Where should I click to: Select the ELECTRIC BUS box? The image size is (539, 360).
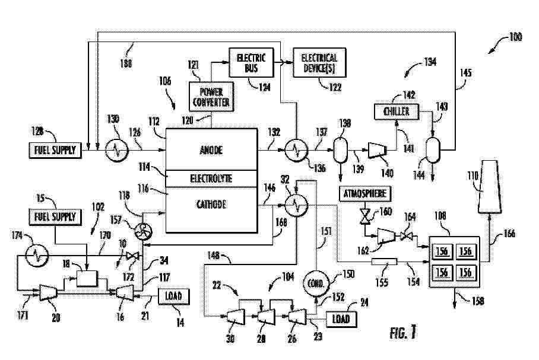click(251, 62)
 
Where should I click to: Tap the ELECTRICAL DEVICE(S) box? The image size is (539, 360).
click(319, 62)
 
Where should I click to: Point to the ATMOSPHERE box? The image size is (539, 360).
click(365, 193)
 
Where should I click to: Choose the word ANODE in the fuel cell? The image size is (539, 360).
click(211, 151)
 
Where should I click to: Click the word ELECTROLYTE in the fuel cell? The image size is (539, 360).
click(211, 178)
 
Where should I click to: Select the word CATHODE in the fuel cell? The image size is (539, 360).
click(211, 204)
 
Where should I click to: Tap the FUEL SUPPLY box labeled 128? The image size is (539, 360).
click(54, 151)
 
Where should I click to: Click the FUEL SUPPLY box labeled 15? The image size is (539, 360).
click(54, 217)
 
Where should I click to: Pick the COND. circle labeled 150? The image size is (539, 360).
click(316, 283)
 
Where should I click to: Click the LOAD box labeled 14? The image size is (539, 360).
click(173, 295)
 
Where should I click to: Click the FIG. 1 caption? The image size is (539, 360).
click(403, 333)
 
